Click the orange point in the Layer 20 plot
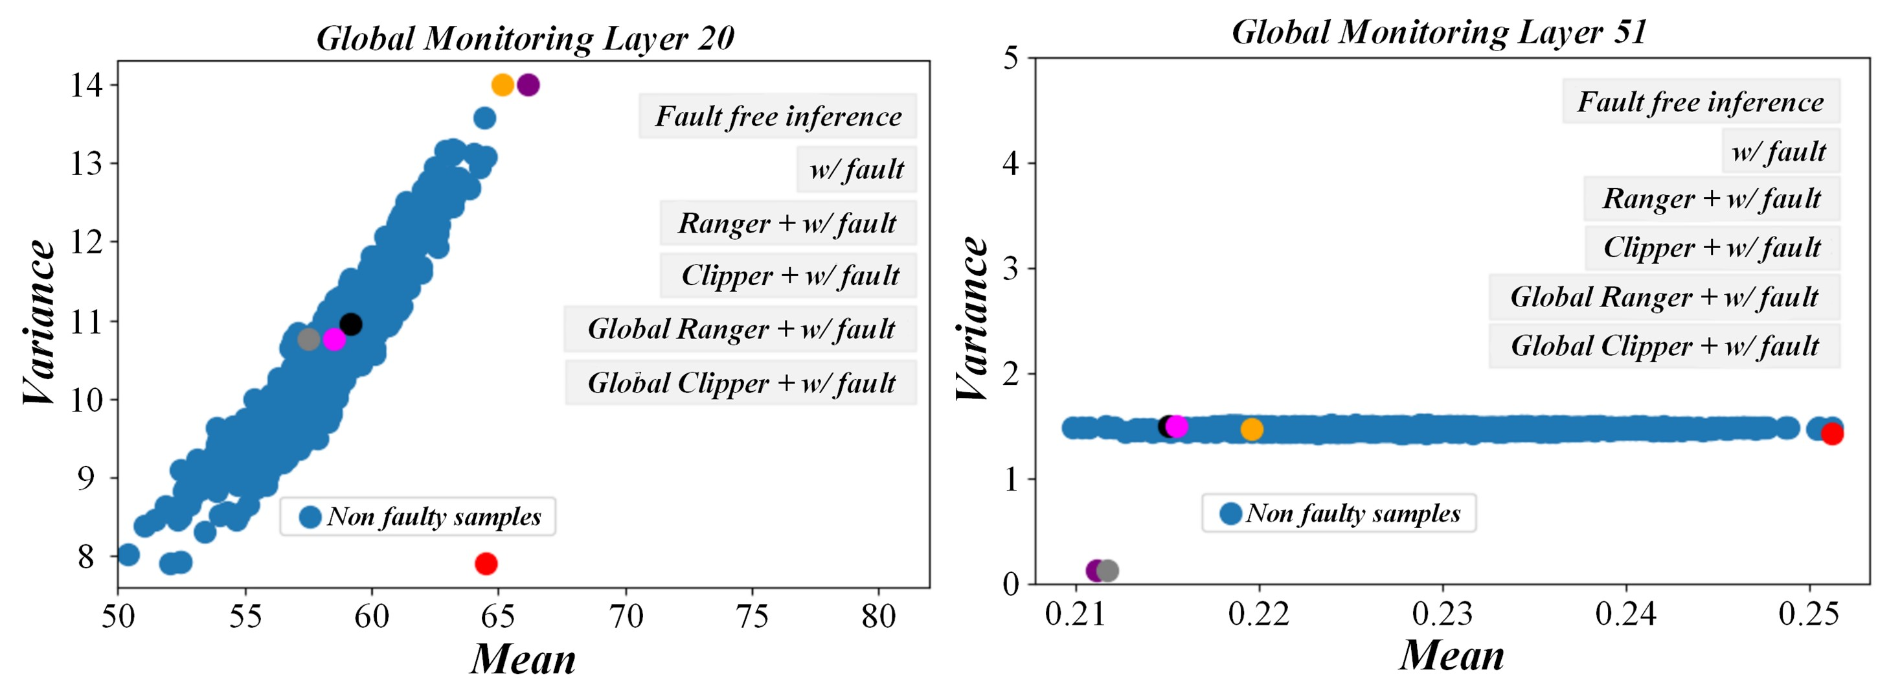503,85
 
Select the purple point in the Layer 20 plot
528,85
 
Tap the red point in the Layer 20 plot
486,563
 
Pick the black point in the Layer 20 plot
350,324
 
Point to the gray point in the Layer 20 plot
308,340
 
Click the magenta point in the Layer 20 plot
334,340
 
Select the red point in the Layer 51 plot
1832,434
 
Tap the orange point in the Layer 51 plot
1252,429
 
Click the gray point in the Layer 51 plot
1107,571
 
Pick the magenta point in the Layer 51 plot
1177,426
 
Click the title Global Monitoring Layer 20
525,38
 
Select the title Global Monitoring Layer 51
1439,32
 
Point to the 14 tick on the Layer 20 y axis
86,86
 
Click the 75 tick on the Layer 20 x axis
752,617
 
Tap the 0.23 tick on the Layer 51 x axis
1442,614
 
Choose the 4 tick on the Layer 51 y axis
1010,163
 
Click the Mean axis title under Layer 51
1451,654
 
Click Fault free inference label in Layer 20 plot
778,116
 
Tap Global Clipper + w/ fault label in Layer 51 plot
1664,346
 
